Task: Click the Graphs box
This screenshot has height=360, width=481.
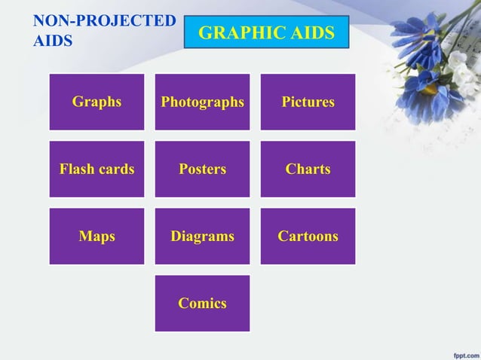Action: coord(97,102)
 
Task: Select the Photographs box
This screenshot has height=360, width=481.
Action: coord(202,102)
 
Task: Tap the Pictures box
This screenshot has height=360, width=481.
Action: coord(308,102)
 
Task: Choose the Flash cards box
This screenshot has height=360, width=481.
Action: coord(97,169)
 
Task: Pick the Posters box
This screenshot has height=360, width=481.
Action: coord(202,169)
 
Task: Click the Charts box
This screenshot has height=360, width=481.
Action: coord(308,169)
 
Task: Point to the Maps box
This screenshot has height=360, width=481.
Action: coord(97,236)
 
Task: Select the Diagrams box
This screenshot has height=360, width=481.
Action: coord(202,236)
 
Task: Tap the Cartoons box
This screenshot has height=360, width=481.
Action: coord(308,236)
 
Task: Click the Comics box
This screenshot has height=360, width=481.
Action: coord(202,304)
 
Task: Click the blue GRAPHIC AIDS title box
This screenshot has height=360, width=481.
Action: coord(266,32)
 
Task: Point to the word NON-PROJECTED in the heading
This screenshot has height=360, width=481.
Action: coord(104,20)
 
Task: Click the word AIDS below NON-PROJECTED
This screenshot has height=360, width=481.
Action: coord(53,41)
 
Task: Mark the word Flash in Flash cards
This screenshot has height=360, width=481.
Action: coord(76,169)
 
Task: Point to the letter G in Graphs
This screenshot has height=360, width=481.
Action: coord(77,102)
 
